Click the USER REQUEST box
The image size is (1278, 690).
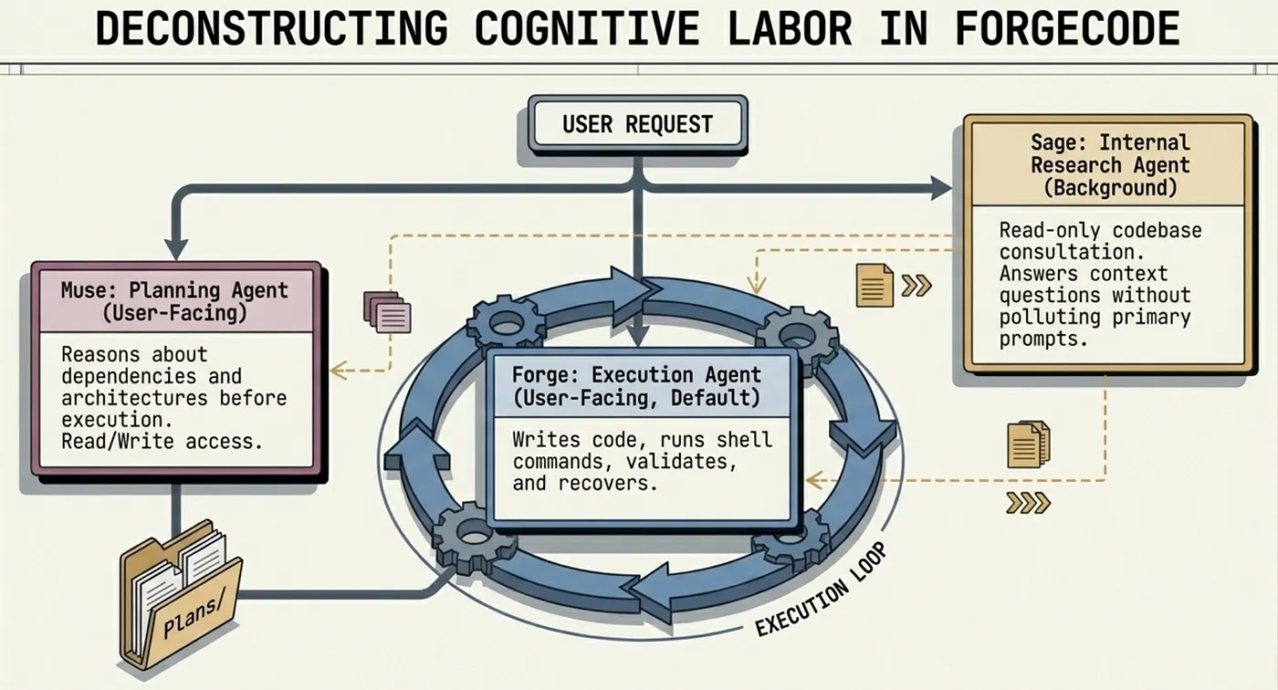(638, 124)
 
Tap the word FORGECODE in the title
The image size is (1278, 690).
(1067, 28)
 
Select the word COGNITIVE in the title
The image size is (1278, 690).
(587, 28)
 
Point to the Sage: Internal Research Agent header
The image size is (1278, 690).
(1110, 165)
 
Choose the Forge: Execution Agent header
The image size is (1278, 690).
(637, 386)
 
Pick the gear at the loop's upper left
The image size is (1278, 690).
(506, 325)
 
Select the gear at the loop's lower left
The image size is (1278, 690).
(474, 537)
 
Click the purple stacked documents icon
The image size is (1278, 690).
(387, 312)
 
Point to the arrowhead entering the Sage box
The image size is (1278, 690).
(941, 188)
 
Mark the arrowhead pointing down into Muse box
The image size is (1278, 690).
(176, 249)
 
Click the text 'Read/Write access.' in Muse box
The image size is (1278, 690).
(162, 442)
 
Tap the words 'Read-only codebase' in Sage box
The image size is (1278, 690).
(1101, 230)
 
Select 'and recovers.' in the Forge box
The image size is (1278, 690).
(585, 484)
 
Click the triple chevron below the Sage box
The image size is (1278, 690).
(1028, 504)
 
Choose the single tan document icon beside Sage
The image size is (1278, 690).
(875, 285)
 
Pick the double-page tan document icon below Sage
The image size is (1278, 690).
(1029, 444)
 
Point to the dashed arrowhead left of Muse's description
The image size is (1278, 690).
(340, 371)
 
